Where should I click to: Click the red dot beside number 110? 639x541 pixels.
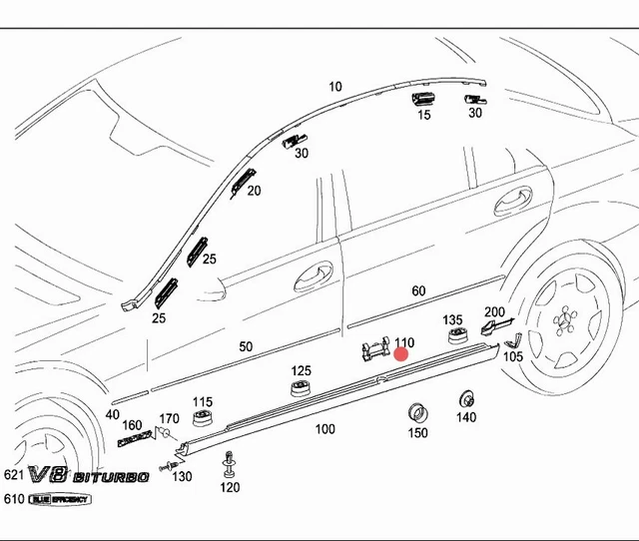tap(402, 353)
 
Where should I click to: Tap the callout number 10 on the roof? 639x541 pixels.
tap(334, 87)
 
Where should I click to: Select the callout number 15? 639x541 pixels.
tap(424, 116)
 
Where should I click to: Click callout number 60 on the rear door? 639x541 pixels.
tap(418, 291)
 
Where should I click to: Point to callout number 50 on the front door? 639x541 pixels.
tap(246, 347)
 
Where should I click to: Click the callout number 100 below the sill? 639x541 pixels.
tap(324, 429)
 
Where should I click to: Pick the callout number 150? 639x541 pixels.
tap(417, 433)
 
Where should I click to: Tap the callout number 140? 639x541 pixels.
tap(466, 418)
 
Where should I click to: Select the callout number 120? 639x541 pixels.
tap(230, 487)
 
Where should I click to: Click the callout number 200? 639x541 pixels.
tap(494, 312)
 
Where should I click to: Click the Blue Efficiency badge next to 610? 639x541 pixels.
tap(70, 499)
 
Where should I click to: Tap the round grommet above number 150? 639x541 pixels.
tap(417, 411)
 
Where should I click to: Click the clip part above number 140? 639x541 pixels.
tap(465, 398)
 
